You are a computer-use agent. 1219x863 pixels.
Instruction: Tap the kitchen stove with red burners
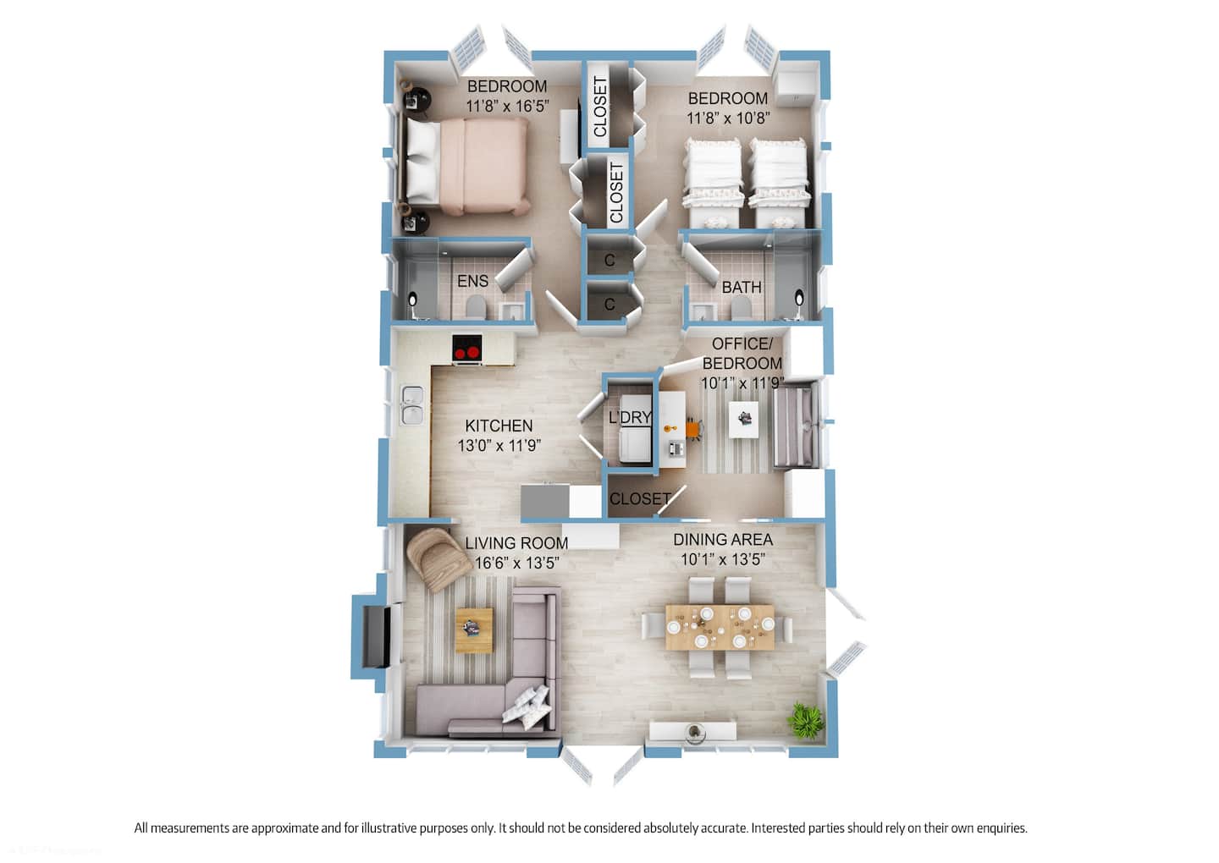pyautogui.click(x=467, y=348)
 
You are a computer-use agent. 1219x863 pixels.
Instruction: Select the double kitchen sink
pyautogui.click(x=412, y=404)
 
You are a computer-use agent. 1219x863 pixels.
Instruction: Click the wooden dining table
pyautogui.click(x=720, y=627)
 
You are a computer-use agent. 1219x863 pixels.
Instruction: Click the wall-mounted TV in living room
pyautogui.click(x=377, y=636)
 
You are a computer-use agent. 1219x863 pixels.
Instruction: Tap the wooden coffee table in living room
pyautogui.click(x=474, y=629)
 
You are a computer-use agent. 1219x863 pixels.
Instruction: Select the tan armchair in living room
pyautogui.click(x=438, y=558)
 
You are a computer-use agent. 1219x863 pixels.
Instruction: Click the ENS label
pyautogui.click(x=472, y=281)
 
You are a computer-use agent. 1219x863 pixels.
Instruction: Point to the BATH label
pyautogui.click(x=742, y=287)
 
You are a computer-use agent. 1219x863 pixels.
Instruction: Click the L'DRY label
pyautogui.click(x=630, y=417)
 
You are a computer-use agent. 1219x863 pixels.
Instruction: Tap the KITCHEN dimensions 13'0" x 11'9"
pyautogui.click(x=499, y=446)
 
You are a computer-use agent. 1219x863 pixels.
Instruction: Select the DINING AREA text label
pyautogui.click(x=723, y=540)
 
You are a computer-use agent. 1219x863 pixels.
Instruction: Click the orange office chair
pyautogui.click(x=693, y=428)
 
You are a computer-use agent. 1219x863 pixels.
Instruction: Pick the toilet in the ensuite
pyautogui.click(x=475, y=307)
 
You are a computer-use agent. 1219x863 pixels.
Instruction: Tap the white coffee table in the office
pyautogui.click(x=743, y=419)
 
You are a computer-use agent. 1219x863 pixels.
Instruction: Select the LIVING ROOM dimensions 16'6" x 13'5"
pyautogui.click(x=517, y=563)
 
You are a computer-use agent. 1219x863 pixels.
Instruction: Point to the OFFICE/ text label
pyautogui.click(x=742, y=344)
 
